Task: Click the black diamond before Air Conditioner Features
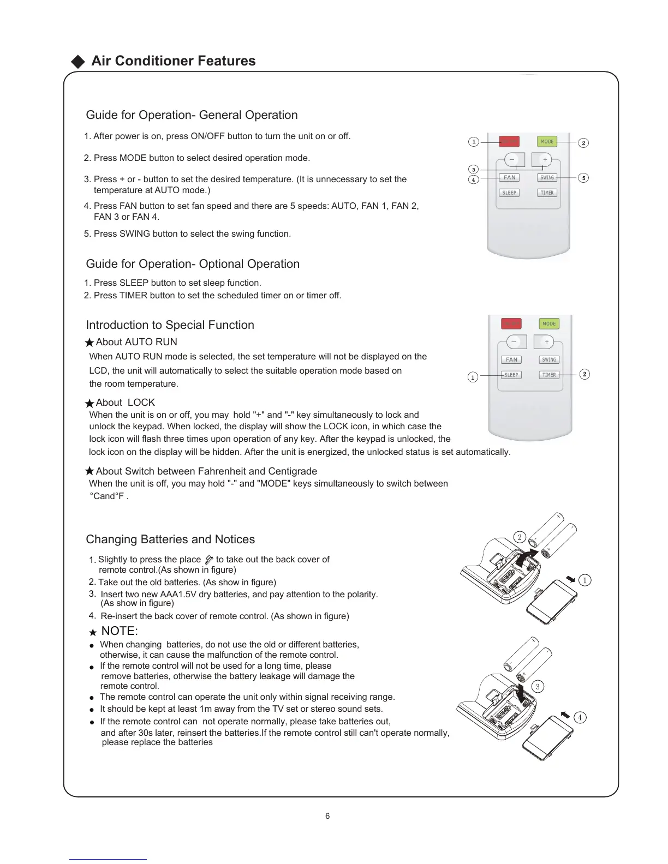[x=79, y=62]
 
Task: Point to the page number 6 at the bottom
[x=327, y=816]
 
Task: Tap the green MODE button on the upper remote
[x=547, y=142]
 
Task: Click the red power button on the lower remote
[x=511, y=323]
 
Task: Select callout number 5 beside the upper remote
[x=583, y=178]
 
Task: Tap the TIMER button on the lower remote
[x=549, y=375]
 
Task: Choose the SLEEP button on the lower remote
[x=511, y=375]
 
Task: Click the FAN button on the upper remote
[x=509, y=177]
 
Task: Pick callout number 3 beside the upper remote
[x=474, y=169]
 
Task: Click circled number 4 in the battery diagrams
[x=580, y=717]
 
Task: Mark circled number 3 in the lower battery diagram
[x=538, y=687]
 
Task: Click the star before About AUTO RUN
[x=90, y=343]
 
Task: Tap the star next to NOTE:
[x=93, y=632]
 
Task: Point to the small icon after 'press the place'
[x=208, y=560]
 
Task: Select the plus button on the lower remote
[x=547, y=342]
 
